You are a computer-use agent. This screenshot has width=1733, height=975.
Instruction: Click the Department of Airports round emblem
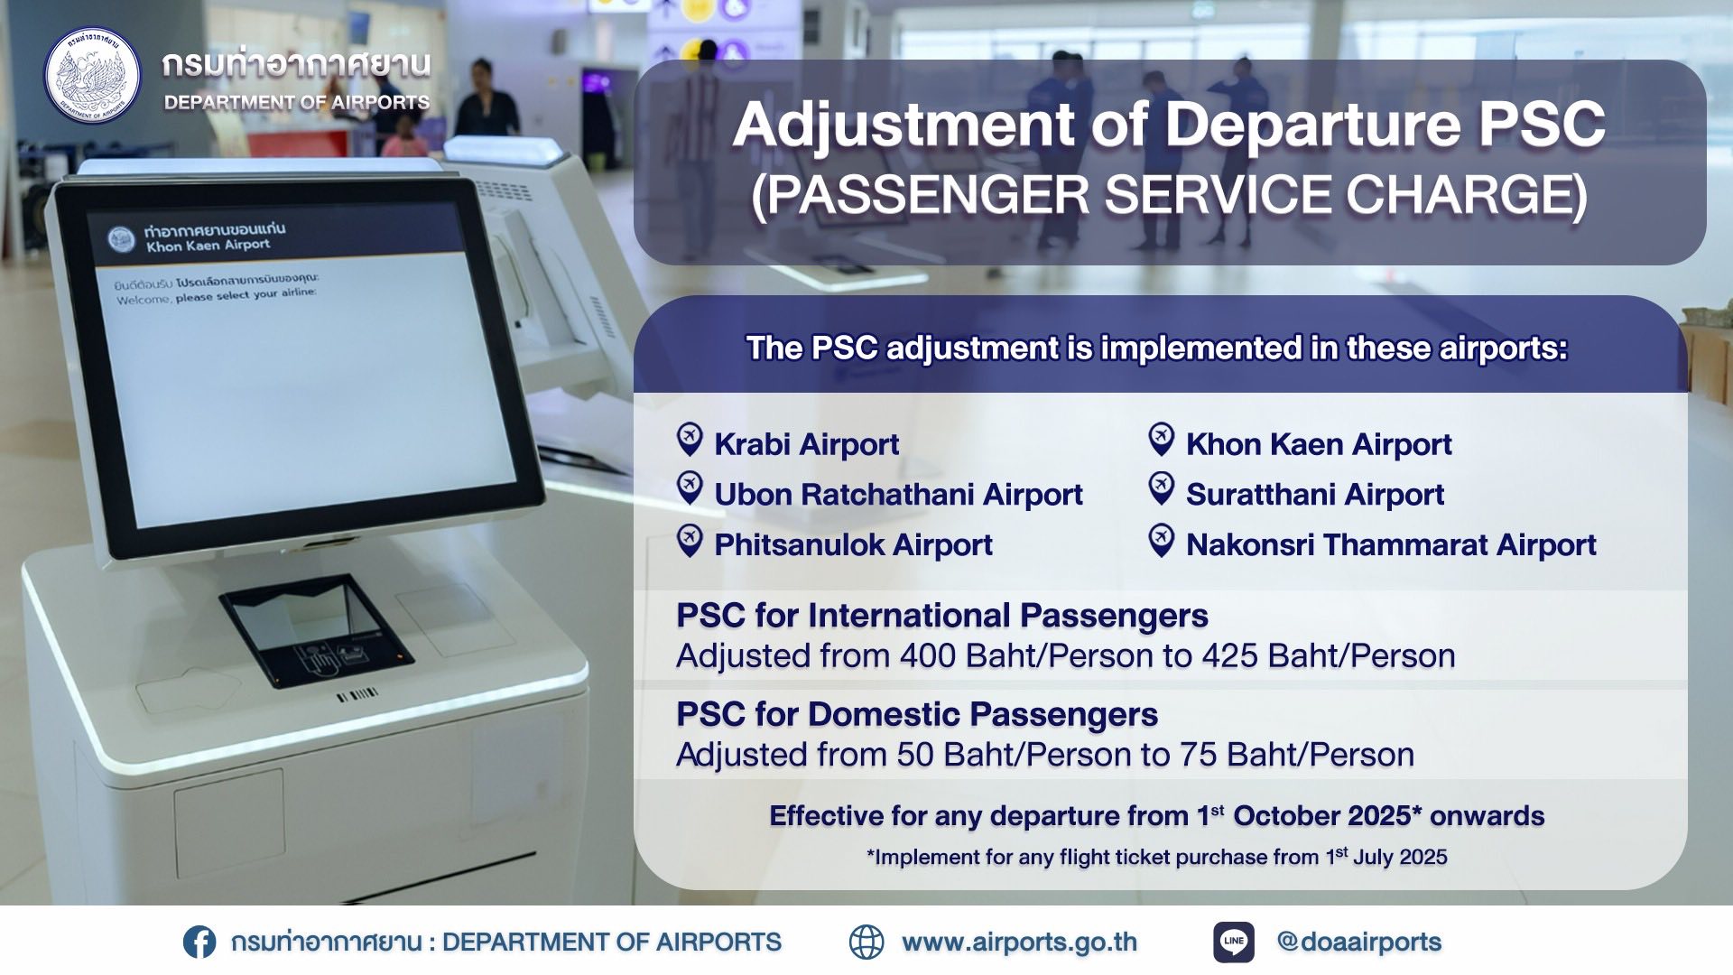pyautogui.click(x=93, y=76)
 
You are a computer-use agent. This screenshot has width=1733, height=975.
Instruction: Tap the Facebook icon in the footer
pyautogui.click(x=199, y=942)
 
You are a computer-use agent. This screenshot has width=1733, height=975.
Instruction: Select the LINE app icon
pyautogui.click(x=1234, y=942)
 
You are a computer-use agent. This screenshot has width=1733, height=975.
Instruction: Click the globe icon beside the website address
pyautogui.click(x=866, y=942)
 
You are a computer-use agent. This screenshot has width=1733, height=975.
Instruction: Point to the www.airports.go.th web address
pyautogui.click(x=1019, y=942)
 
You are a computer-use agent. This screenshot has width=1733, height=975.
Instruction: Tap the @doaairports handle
pyautogui.click(x=1359, y=942)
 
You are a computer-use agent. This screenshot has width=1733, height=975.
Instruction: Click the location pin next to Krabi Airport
pyautogui.click(x=690, y=440)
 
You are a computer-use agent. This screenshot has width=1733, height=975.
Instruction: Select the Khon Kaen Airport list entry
pyautogui.click(x=1319, y=444)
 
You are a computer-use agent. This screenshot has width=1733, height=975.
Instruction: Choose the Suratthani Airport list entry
pyautogui.click(x=1315, y=495)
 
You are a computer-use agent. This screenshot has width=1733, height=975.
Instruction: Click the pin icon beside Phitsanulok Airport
pyautogui.click(x=690, y=541)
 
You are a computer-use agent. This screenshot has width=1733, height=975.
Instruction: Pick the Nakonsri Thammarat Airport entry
pyautogui.click(x=1391, y=545)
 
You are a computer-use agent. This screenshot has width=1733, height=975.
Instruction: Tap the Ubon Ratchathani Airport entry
pyautogui.click(x=898, y=495)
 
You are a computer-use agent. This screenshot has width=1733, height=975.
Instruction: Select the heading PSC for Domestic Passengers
pyautogui.click(x=917, y=715)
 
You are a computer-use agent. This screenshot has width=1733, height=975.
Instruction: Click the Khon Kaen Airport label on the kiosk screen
pyautogui.click(x=209, y=246)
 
